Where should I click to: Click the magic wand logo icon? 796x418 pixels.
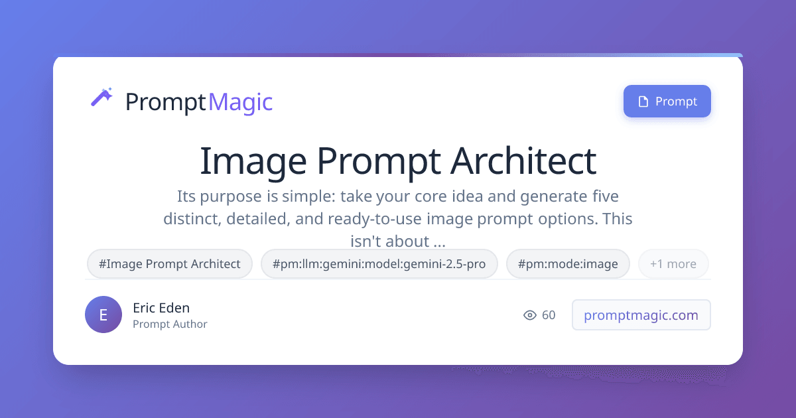(x=101, y=97)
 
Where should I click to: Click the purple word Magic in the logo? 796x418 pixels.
(x=241, y=102)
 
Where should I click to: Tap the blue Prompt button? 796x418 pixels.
(x=667, y=102)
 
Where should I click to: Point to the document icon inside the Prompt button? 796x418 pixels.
(x=643, y=102)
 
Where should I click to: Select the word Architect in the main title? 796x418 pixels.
(x=523, y=161)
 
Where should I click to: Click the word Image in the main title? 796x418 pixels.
(x=253, y=163)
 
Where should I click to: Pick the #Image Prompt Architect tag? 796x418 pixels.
(x=170, y=264)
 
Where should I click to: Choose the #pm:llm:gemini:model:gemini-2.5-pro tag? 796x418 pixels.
(x=379, y=264)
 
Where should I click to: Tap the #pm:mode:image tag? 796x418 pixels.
(x=568, y=264)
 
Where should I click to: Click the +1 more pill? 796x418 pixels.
(x=673, y=264)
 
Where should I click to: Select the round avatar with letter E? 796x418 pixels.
(x=103, y=314)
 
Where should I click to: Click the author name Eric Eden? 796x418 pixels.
(x=161, y=308)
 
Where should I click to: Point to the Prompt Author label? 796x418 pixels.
(x=170, y=324)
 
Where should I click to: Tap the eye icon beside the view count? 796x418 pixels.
(x=530, y=315)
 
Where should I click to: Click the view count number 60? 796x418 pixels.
(x=549, y=315)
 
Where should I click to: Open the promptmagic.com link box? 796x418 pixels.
(x=641, y=315)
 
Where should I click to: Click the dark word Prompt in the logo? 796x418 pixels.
(x=166, y=103)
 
